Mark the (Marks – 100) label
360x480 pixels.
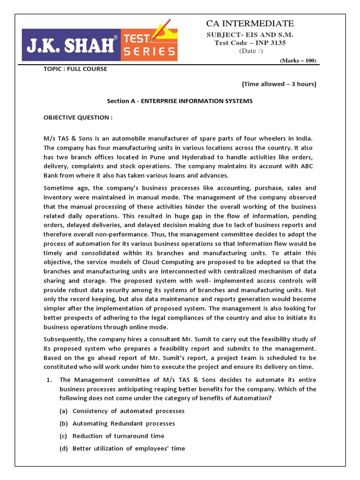coord(298,61)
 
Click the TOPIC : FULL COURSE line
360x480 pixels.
coord(75,69)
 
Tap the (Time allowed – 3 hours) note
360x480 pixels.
coord(279,84)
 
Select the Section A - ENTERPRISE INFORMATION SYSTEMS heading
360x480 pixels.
coord(180,101)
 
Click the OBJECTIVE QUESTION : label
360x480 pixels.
coord(78,117)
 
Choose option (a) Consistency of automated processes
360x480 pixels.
coord(122,411)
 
